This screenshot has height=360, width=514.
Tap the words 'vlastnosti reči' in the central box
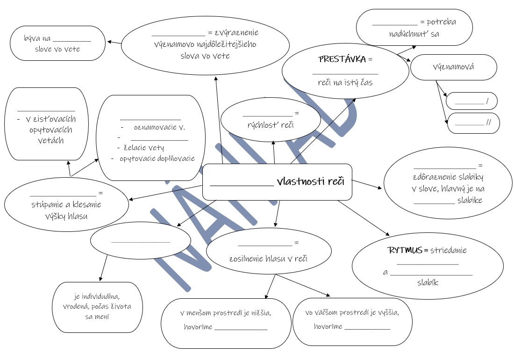point(310,181)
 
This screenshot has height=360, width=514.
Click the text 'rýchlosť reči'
point(271,124)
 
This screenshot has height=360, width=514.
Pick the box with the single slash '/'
point(471,101)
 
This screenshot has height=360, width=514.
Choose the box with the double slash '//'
point(473,123)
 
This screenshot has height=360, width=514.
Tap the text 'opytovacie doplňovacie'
point(157,158)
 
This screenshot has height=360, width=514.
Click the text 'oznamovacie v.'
point(159,127)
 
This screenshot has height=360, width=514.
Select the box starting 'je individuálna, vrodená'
point(97,306)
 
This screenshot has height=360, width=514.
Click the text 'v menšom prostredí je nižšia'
point(225,313)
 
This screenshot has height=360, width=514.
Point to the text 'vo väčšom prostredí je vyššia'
point(352,313)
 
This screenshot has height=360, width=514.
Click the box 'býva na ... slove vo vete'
point(57,43)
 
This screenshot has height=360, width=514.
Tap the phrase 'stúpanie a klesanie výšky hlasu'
point(66,210)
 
